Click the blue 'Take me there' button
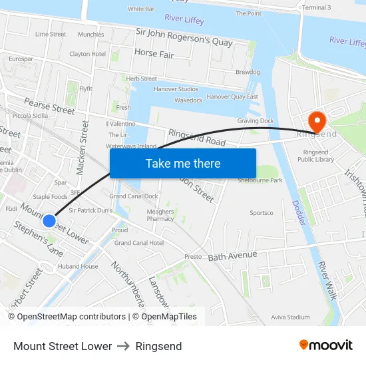pyautogui.click(x=183, y=163)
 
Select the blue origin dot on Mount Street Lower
pyautogui.click(x=49, y=220)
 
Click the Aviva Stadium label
pyautogui.click(x=291, y=317)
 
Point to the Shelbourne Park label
pyautogui.click(x=260, y=180)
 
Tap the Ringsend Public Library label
pyautogui.click(x=315, y=156)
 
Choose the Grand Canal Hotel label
pyautogui.click(x=139, y=243)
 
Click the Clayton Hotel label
pyautogui.click(x=88, y=54)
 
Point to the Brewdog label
pyautogui.click(x=248, y=72)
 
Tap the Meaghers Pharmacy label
pyautogui.click(x=160, y=215)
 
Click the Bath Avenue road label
pyautogui.click(x=232, y=256)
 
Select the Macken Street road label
pyautogui.click(x=83, y=147)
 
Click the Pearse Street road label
pyautogui.click(x=50, y=106)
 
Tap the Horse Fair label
pyautogui.click(x=154, y=53)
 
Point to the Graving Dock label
pyautogui.click(x=256, y=121)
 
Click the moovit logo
pyautogui.click(x=326, y=345)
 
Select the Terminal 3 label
pyautogui.click(x=316, y=7)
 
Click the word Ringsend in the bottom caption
pyautogui.click(x=158, y=346)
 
